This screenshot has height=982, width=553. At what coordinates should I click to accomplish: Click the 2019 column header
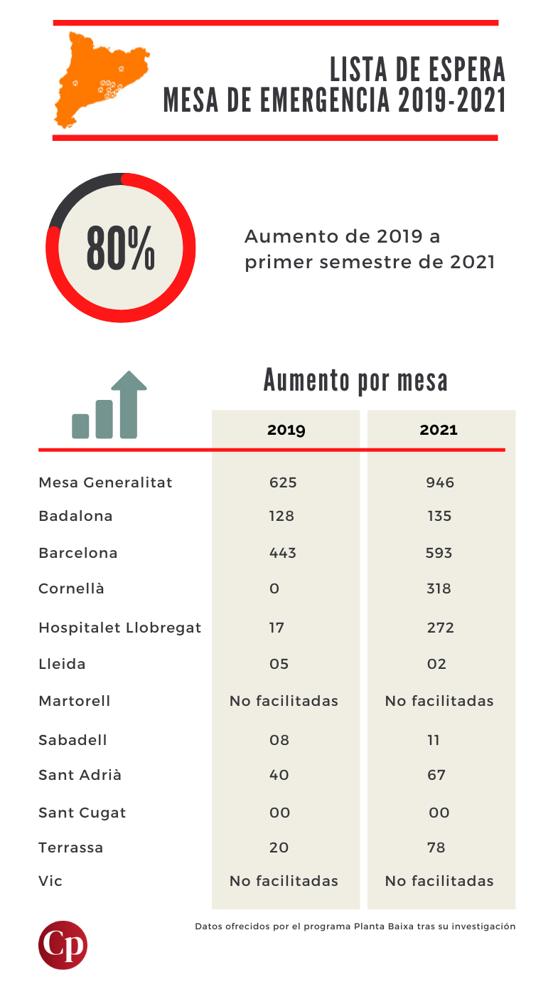[x=286, y=430]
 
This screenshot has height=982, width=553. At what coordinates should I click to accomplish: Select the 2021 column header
[x=439, y=430]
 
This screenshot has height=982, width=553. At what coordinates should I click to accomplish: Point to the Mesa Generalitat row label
[x=105, y=482]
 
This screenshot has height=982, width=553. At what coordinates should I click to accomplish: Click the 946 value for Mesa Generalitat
[x=439, y=482]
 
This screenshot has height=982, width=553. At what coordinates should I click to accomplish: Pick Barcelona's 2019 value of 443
[x=282, y=553]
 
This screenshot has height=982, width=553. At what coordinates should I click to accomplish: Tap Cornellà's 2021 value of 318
[x=439, y=588]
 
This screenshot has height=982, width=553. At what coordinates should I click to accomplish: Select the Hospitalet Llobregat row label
[x=119, y=628]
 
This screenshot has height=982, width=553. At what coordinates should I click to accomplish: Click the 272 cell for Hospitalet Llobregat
[x=439, y=628]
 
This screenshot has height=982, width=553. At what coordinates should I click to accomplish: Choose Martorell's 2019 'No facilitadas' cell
[x=284, y=701]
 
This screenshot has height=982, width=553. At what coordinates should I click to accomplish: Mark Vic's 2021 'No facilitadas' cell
[x=439, y=881]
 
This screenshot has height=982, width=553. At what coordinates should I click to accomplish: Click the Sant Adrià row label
[x=80, y=775]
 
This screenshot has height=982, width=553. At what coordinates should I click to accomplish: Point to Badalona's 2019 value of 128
[x=281, y=516]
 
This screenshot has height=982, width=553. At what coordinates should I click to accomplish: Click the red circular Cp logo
[x=63, y=945]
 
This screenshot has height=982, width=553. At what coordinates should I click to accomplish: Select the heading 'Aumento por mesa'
[x=355, y=380]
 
